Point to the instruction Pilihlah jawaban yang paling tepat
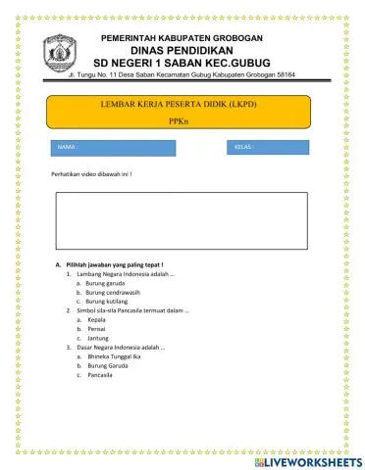[x=116, y=265]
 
